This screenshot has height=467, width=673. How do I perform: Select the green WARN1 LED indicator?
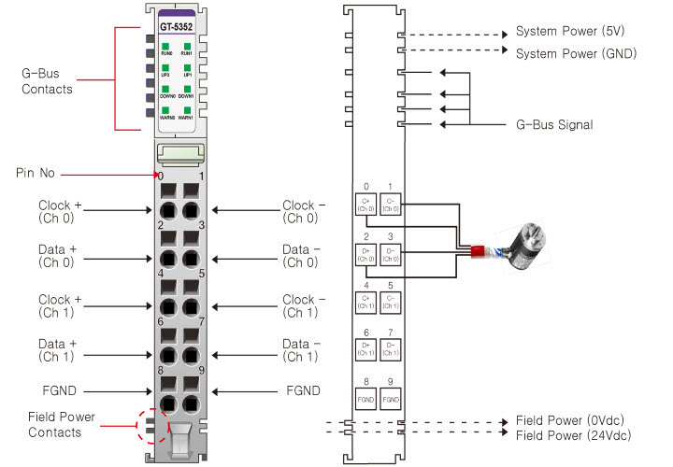[x=187, y=109]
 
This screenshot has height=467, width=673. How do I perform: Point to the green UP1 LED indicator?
[x=187, y=67]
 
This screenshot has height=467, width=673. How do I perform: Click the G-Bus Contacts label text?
[x=47, y=81]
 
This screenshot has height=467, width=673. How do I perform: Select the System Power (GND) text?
[x=576, y=53]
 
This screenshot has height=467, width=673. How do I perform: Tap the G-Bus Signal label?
[x=554, y=123]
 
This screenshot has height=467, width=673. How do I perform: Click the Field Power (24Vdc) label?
[x=572, y=436]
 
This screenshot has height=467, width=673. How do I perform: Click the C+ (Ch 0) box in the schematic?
[x=365, y=203]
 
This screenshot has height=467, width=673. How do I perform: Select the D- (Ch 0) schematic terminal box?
[x=391, y=252]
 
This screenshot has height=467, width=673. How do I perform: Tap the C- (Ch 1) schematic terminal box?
[x=391, y=302]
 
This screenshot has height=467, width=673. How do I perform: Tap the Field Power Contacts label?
[x=61, y=424]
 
